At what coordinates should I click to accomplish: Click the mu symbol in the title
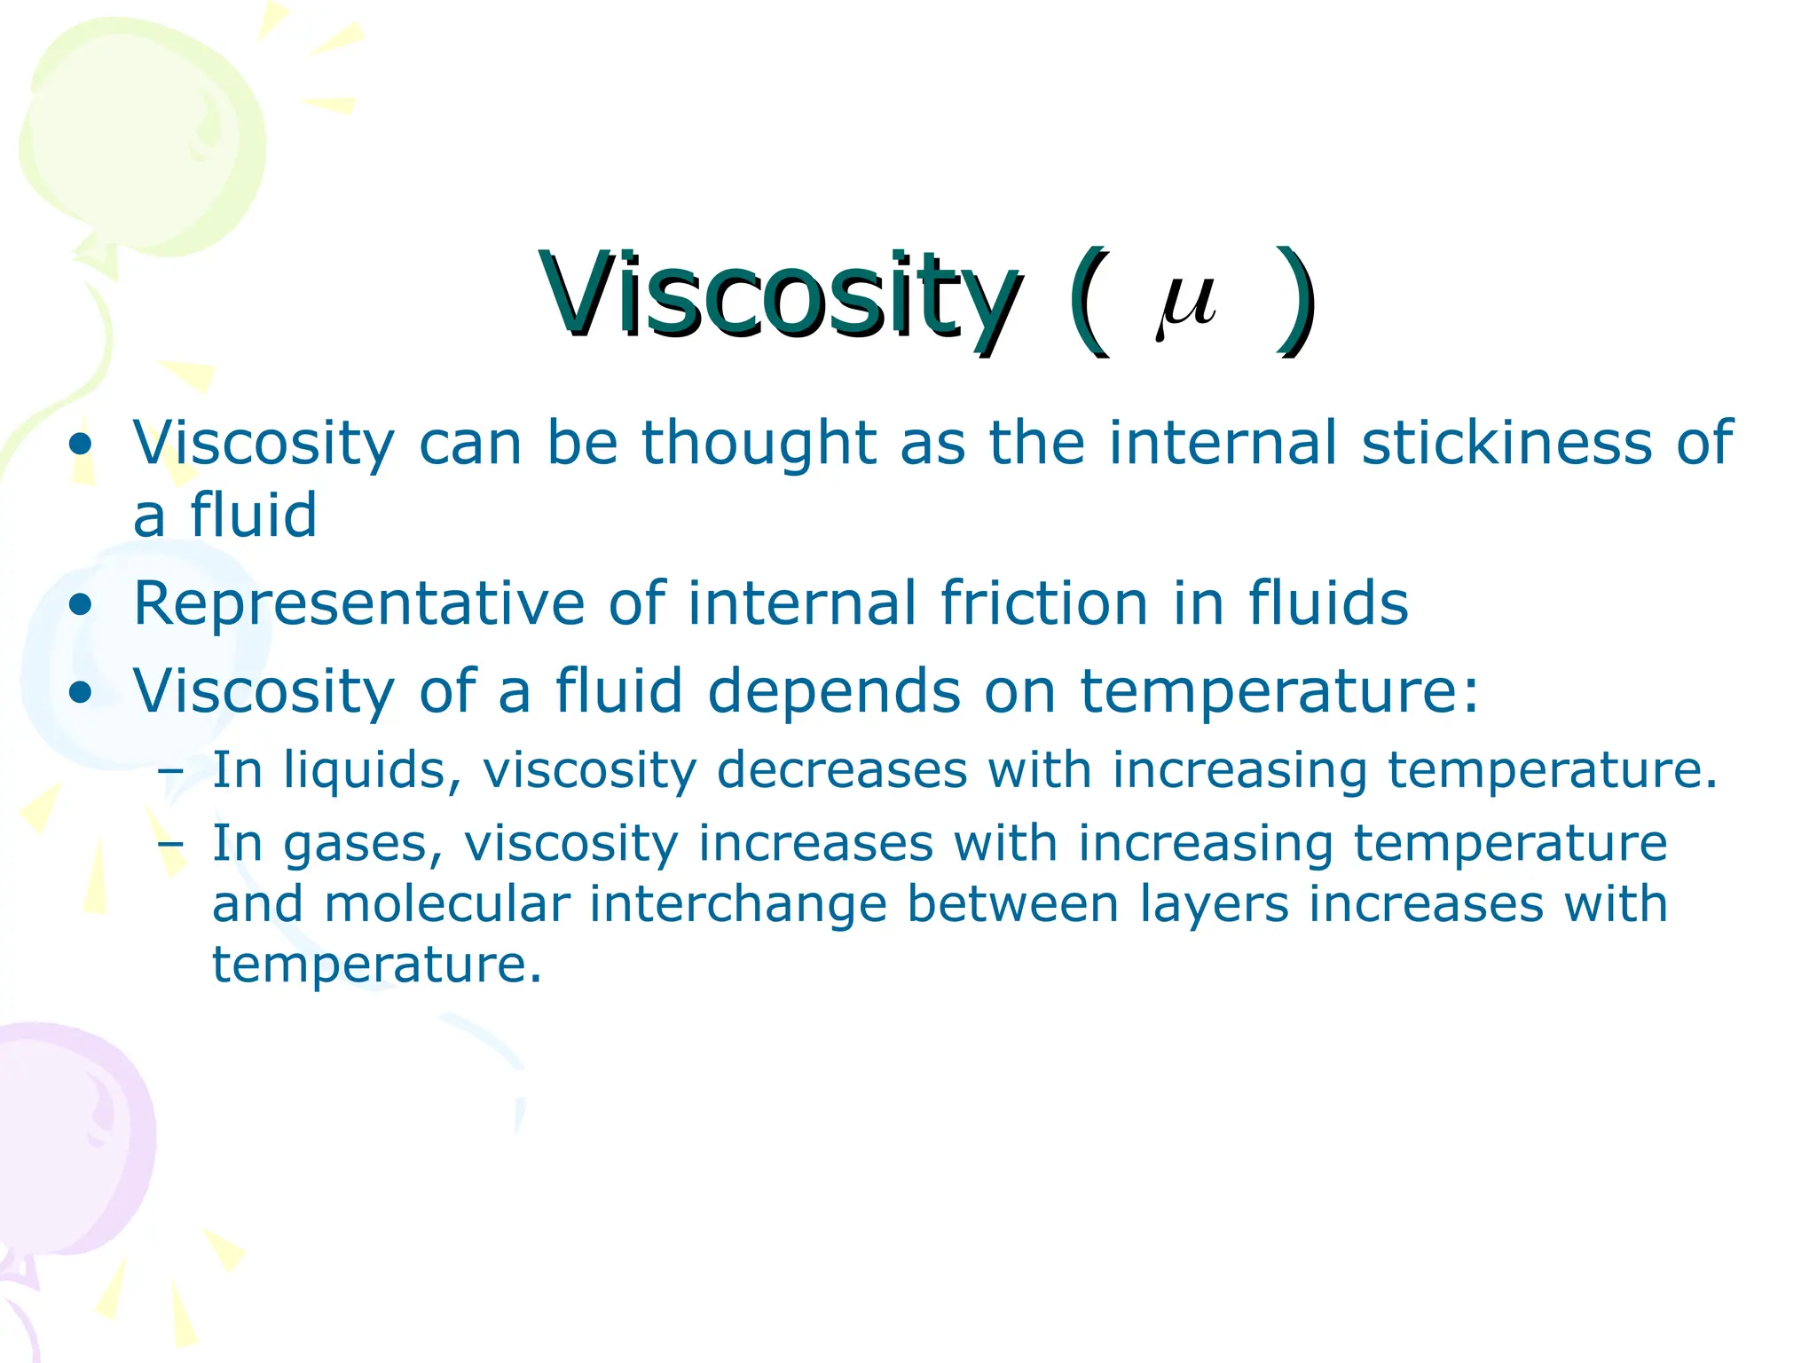(x=1186, y=303)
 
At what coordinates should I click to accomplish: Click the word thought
(x=759, y=443)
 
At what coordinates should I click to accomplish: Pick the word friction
(x=1044, y=603)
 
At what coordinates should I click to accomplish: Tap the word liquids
(x=372, y=769)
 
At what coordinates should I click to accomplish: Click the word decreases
(x=841, y=769)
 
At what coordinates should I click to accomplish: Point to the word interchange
(x=738, y=904)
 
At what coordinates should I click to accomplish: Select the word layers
(x=1214, y=904)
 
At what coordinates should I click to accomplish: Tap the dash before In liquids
(x=169, y=771)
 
